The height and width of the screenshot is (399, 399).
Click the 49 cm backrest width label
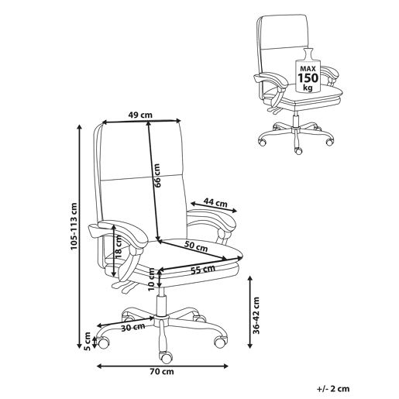pyautogui.click(x=140, y=115)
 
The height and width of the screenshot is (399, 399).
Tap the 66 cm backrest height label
pyautogui.click(x=157, y=175)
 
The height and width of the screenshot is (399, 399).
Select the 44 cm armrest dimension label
pyautogui.click(x=215, y=202)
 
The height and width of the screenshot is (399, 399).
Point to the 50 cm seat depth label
pyautogui.click(x=196, y=246)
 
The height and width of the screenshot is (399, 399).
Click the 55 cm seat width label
pyautogui.click(x=203, y=270)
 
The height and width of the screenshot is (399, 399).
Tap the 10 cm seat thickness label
pyautogui.click(x=151, y=280)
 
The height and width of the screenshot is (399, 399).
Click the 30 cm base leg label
pyautogui.click(x=133, y=327)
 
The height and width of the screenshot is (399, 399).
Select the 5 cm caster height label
pyautogui.click(x=88, y=341)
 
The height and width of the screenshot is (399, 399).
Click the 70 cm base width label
pyautogui.click(x=162, y=372)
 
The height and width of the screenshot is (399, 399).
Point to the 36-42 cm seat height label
pyautogui.click(x=256, y=315)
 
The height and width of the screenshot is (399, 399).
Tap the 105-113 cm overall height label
pyautogui.click(x=74, y=226)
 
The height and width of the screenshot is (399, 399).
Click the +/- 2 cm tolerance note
pyautogui.click(x=333, y=389)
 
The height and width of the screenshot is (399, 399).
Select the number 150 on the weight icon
pyautogui.click(x=308, y=77)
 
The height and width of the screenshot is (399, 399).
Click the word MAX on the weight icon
pyautogui.click(x=308, y=69)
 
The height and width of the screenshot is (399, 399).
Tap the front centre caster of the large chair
pyautogui.click(x=166, y=357)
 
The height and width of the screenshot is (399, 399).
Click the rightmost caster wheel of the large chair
pyautogui.click(x=221, y=342)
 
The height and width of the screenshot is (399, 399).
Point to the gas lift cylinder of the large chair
pyautogui.click(x=161, y=305)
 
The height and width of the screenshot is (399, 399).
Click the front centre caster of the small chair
pyautogui.click(x=298, y=150)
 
